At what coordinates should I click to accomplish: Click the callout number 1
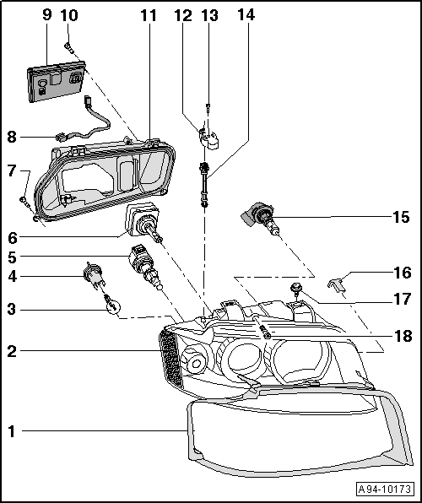point(12,431)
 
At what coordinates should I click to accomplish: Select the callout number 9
point(46,14)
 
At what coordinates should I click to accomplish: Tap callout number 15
point(402,217)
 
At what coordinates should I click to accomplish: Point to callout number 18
point(402,336)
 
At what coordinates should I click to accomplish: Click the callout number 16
point(402,273)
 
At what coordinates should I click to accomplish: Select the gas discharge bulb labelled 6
point(143,223)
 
